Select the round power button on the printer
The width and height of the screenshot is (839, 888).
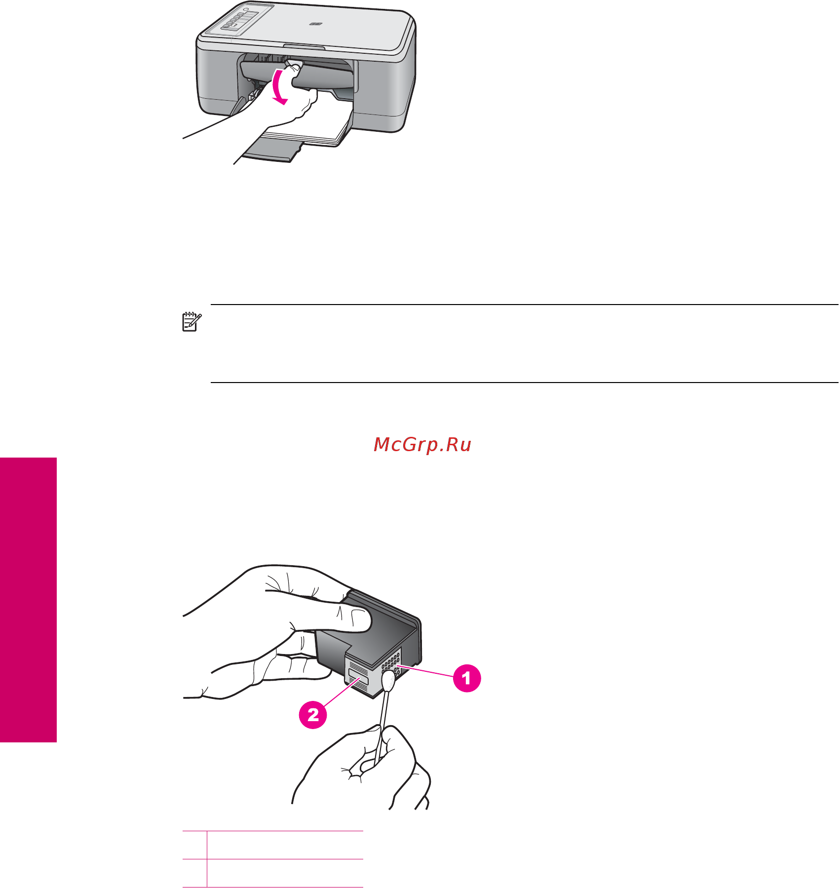246,10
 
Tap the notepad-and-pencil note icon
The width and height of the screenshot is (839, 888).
191,321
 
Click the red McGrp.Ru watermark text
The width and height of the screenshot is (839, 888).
422,445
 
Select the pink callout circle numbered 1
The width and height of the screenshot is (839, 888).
467,678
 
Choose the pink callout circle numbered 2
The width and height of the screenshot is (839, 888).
313,715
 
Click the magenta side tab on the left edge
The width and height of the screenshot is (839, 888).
28,600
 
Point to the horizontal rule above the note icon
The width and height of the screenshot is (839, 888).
524,305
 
